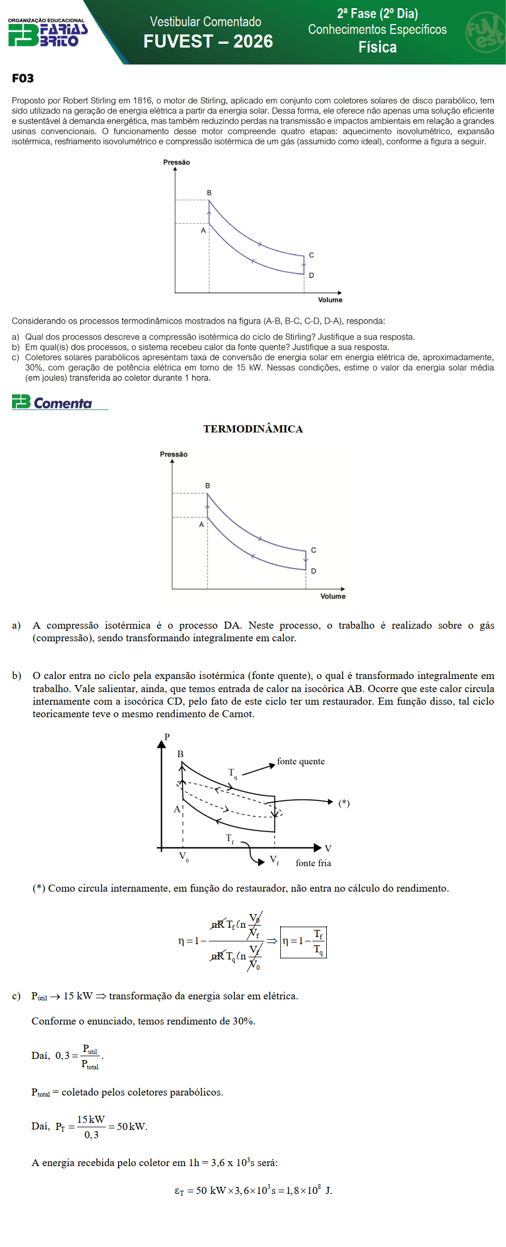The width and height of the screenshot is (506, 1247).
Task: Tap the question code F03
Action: [x=23, y=78]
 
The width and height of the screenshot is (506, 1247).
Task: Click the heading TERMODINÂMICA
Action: [x=253, y=429]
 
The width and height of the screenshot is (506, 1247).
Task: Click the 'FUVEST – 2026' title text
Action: [x=208, y=42]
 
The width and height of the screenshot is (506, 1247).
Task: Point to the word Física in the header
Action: [x=378, y=48]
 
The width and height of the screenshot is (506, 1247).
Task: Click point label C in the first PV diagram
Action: [x=311, y=255]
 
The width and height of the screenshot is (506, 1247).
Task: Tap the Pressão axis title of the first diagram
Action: [x=176, y=162]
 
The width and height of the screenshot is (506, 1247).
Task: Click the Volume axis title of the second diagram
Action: [x=333, y=596]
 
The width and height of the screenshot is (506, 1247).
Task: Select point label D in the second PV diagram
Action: [x=314, y=571]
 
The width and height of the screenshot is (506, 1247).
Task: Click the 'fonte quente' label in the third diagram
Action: [x=301, y=762]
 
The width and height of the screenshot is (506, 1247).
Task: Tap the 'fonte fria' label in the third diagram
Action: [x=313, y=863]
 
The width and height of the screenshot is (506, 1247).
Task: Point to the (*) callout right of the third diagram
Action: [x=344, y=803]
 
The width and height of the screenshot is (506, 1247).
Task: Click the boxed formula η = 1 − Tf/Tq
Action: [x=303, y=942]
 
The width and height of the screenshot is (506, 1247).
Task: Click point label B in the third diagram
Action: [x=180, y=754]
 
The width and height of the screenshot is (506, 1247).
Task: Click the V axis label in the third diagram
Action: [x=328, y=848]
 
